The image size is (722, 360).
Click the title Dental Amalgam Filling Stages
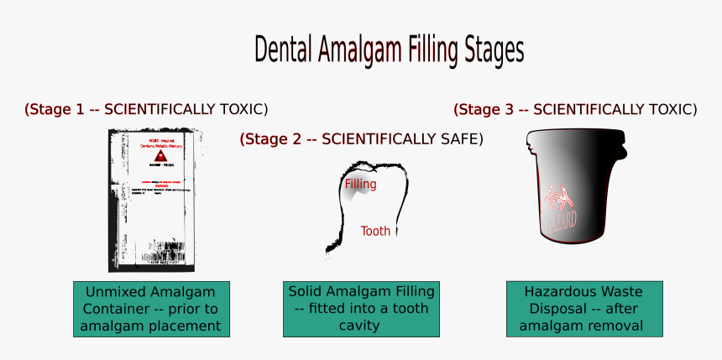(x=389, y=50)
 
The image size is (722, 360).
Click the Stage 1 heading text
(x=146, y=109)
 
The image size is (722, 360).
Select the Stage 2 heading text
(x=361, y=139)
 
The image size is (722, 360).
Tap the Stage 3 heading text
(x=575, y=109)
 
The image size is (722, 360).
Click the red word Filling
(x=360, y=184)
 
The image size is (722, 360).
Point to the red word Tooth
(x=375, y=231)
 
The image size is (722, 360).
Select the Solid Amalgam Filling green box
(x=362, y=309)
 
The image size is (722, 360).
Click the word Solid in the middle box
(x=306, y=292)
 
